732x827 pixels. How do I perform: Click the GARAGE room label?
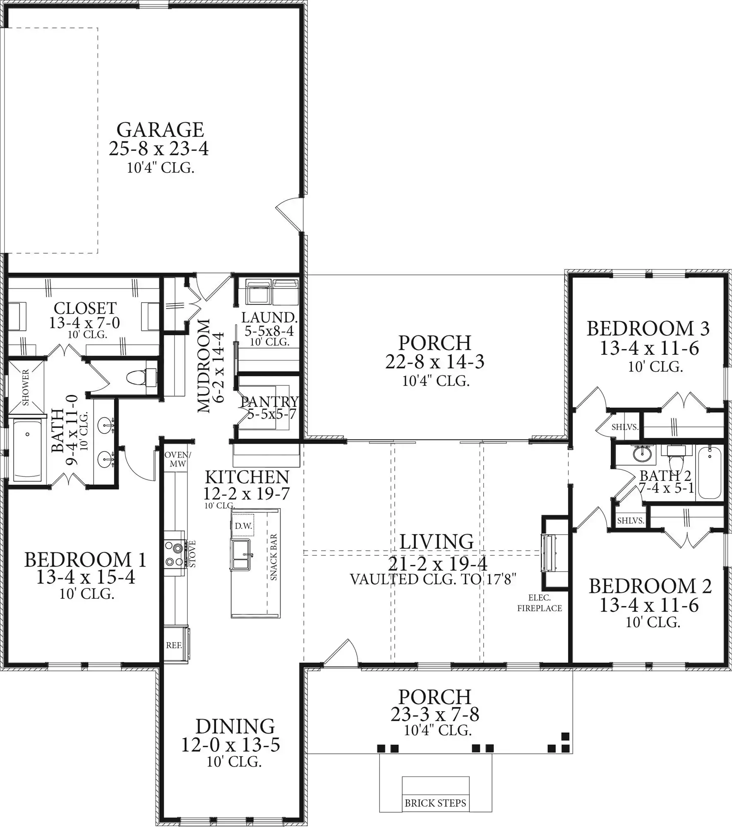click(160, 130)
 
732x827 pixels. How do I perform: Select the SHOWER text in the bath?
click(26, 387)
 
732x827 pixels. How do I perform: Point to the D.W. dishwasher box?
click(243, 526)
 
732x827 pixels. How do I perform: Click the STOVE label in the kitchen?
click(192, 554)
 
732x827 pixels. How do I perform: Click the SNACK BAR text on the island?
click(274, 557)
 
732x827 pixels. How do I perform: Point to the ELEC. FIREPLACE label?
click(540, 603)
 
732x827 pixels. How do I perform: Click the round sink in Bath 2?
click(642, 454)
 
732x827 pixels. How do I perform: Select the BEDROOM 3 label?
click(648, 329)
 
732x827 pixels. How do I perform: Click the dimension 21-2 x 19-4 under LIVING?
click(438, 563)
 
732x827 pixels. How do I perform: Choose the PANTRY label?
click(270, 401)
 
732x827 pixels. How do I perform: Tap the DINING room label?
click(235, 727)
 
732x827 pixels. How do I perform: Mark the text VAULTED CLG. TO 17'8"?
click(433, 579)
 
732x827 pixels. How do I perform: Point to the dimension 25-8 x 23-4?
click(159, 148)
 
